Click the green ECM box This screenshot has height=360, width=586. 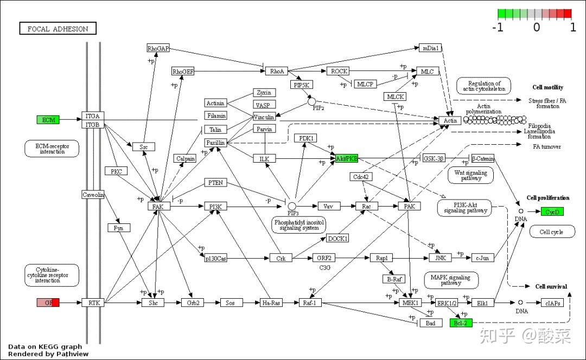click(48, 119)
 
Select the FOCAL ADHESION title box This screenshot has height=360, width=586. click(58, 29)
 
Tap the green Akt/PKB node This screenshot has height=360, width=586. click(347, 158)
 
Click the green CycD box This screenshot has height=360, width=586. click(552, 211)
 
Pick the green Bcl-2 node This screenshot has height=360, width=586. click(461, 323)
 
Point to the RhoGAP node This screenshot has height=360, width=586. click(158, 48)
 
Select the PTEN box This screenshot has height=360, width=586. click(215, 183)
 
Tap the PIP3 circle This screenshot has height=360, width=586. click(292, 206)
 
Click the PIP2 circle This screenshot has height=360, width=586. click(311, 101)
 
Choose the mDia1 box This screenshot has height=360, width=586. click(430, 48)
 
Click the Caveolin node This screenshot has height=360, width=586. click(93, 195)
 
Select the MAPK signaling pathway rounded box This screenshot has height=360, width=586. click(451, 280)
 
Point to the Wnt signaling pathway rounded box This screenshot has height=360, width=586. click(470, 175)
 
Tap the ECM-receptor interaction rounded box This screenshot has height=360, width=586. click(52, 149)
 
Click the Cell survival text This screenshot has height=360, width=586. click(551, 286)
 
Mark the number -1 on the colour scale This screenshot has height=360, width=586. click(498, 27)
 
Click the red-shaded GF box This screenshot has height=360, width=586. click(48, 303)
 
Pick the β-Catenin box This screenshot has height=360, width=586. click(482, 158)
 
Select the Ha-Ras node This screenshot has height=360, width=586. click(272, 303)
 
